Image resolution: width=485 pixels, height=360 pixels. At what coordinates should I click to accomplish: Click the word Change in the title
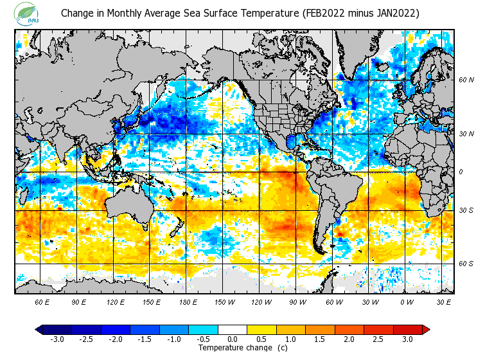click(76, 13)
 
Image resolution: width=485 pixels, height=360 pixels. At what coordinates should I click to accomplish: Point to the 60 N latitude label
click(466, 80)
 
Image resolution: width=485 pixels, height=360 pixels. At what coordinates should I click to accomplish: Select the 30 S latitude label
click(466, 210)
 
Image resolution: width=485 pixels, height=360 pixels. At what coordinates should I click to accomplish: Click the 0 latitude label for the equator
click(461, 172)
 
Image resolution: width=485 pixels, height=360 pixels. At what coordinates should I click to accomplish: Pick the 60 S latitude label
click(466, 264)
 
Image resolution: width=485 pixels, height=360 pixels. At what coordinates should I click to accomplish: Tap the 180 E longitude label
click(188, 301)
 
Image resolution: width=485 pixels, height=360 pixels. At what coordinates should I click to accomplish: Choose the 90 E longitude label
click(79, 301)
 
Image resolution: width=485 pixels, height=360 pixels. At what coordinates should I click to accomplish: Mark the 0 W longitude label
click(406, 301)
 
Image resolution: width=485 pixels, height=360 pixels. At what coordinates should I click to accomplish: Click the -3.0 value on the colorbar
click(57, 339)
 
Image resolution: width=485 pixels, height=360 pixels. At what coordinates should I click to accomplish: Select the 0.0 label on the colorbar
click(233, 339)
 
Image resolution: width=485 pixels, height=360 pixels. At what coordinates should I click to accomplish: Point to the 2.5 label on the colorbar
click(378, 339)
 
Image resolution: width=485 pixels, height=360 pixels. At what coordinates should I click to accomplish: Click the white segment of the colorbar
click(233, 329)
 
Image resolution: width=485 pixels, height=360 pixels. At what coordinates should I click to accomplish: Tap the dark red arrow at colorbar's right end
click(425, 329)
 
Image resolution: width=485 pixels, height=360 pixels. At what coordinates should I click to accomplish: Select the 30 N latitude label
click(466, 134)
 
